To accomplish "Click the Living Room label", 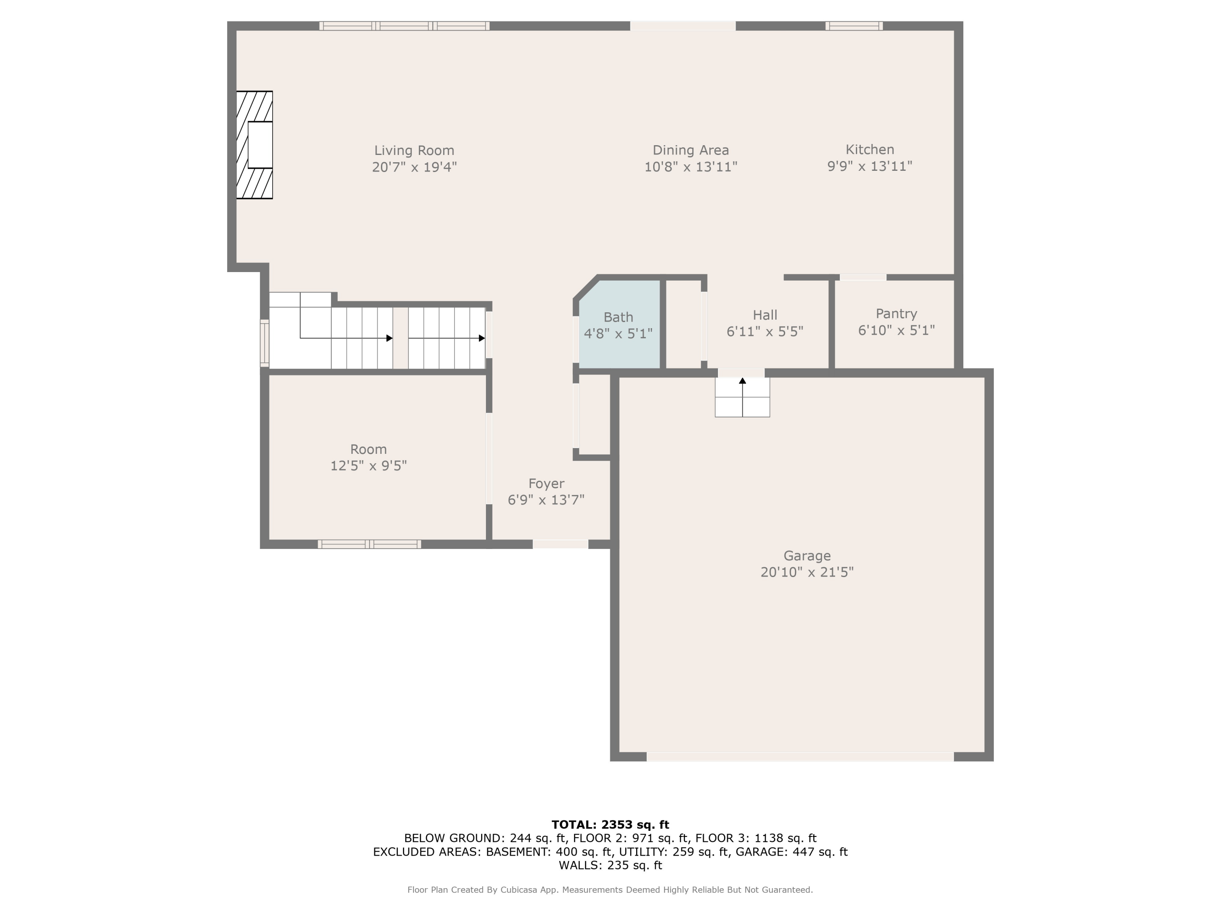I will pos(414,150).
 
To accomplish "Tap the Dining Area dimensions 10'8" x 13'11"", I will pos(691,167).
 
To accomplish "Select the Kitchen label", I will pos(869,150).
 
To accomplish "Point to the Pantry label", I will pos(896,314).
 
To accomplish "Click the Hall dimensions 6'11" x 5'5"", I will pos(764,331).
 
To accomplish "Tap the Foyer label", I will pos(546,484).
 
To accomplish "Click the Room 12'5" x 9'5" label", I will pos(368,457).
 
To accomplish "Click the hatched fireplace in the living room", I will pos(254,144).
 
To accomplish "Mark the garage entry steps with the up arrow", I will pos(742,397).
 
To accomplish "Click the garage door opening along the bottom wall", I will pos(799,757).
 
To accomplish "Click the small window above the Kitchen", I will pos(853,26).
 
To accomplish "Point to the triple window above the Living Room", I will pos(404,26).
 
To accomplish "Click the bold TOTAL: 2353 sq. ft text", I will pos(610,825).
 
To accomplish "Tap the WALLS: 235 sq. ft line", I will pos(610,865).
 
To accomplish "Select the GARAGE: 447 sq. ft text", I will pos(791,852).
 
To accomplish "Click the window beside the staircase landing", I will pos(265,343).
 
